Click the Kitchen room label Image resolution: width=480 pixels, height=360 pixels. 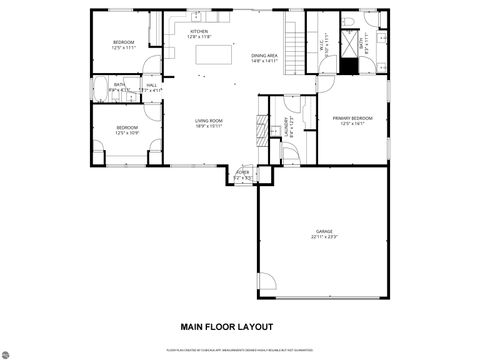click(x=199, y=33)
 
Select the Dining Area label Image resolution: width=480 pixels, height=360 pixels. click(x=265, y=58)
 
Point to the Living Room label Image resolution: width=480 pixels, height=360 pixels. click(x=208, y=124)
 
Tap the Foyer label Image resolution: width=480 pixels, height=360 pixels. click(x=242, y=174)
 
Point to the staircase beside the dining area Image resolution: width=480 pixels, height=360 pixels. click(x=293, y=44)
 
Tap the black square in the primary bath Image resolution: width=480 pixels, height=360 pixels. click(x=348, y=66)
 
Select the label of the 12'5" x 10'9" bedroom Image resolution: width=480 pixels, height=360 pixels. click(x=126, y=129)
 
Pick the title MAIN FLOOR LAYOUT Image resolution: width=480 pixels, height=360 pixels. click(x=225, y=326)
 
